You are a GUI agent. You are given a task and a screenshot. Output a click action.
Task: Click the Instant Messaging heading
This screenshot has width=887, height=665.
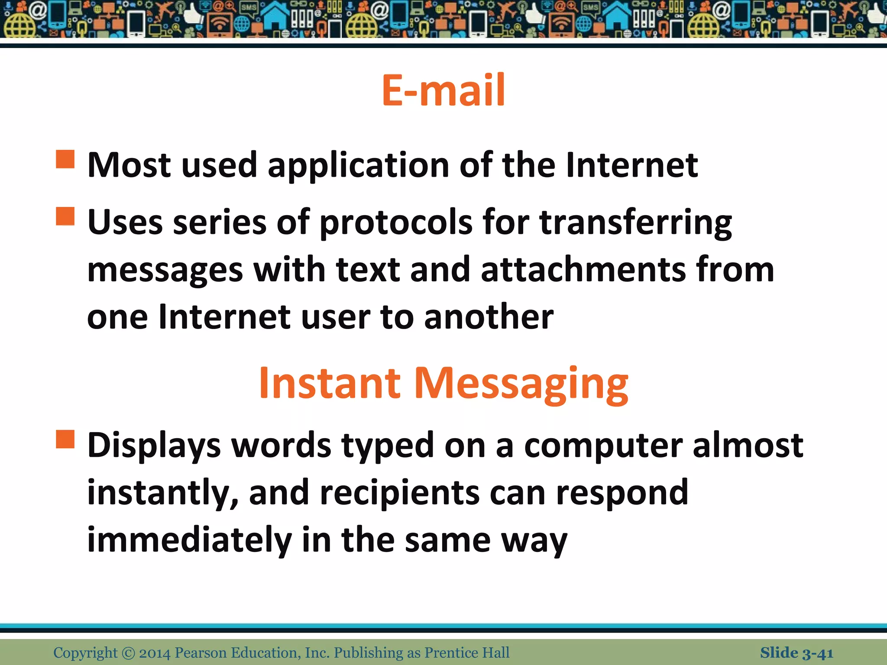(443, 384)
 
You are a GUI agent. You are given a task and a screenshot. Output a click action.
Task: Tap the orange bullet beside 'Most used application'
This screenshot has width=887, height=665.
(65, 159)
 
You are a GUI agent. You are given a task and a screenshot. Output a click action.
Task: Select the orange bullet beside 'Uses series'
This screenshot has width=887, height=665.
(65, 216)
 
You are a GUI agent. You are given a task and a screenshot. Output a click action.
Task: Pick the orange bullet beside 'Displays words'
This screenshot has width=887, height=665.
(65, 439)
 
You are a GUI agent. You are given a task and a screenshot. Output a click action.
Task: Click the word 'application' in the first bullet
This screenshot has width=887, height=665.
(359, 166)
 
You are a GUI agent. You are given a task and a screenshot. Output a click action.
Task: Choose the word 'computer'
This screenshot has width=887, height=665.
(603, 446)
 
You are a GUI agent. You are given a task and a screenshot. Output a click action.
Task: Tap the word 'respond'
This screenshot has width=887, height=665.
(622, 494)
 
